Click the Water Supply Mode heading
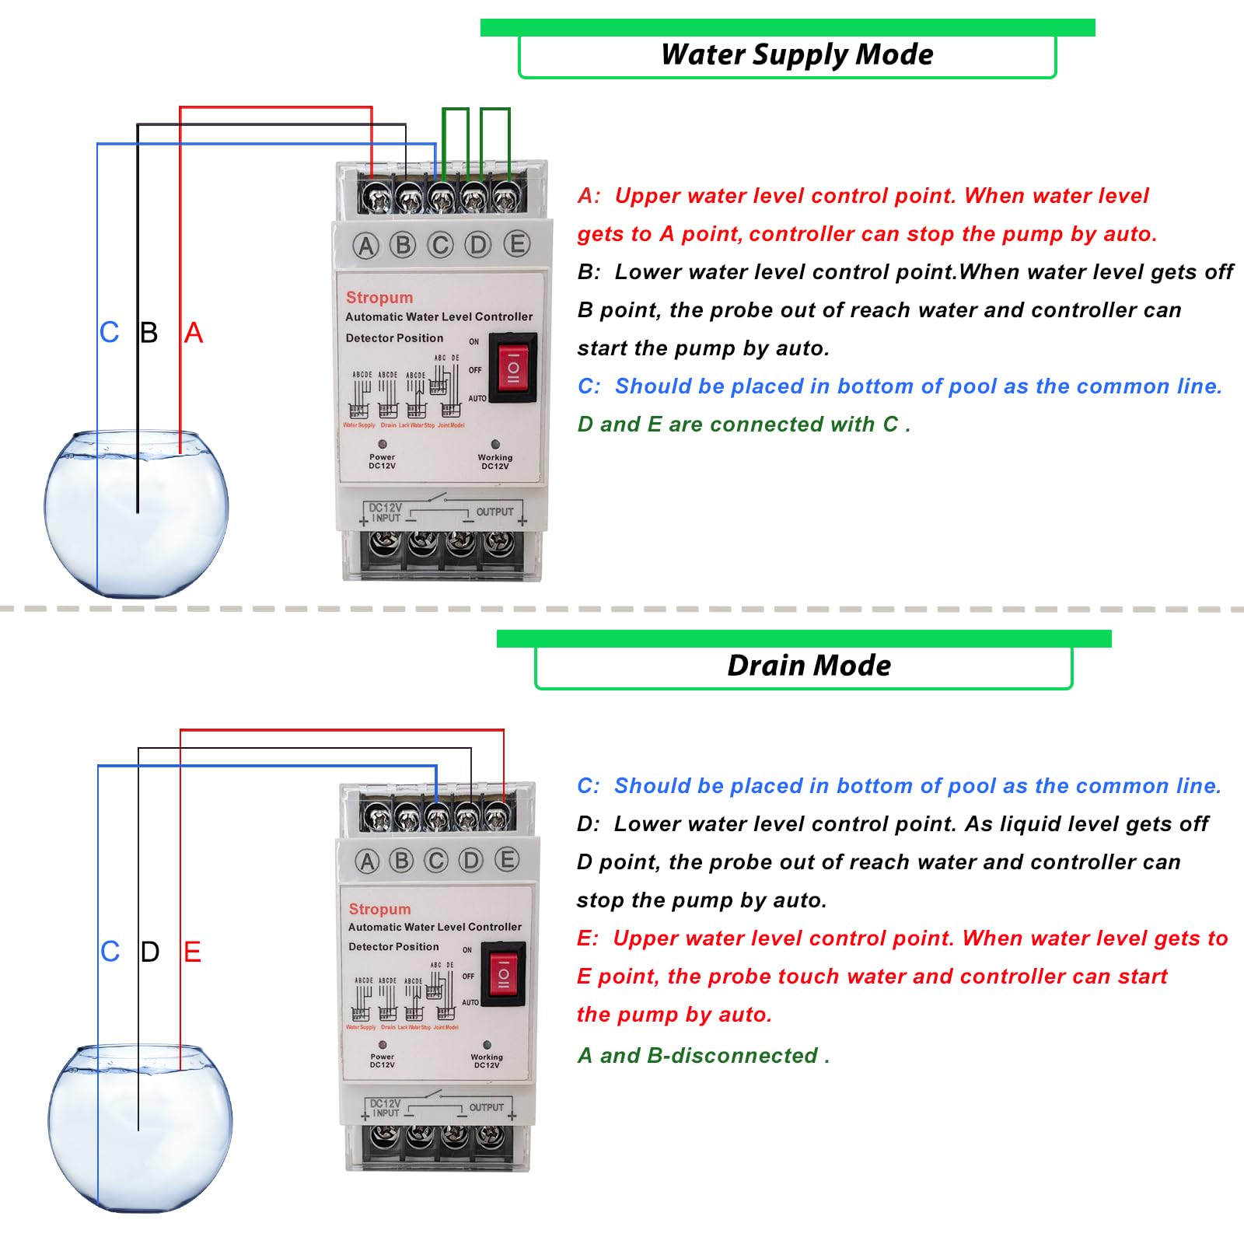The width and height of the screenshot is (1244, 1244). [796, 55]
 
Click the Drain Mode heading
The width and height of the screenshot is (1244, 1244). [809, 666]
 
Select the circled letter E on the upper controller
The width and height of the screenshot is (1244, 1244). [516, 244]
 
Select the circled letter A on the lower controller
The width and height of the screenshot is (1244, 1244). [367, 861]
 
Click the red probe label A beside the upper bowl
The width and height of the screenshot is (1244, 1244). [194, 333]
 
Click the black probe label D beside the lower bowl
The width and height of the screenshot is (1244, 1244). [150, 952]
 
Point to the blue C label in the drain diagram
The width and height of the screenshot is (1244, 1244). [110, 952]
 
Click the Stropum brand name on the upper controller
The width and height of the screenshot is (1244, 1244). [379, 298]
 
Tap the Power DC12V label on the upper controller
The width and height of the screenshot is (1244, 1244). [382, 461]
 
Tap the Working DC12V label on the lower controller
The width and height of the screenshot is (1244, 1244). [487, 1061]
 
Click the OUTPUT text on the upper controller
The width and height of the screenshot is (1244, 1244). [494, 512]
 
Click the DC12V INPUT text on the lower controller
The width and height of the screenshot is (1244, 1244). [386, 1108]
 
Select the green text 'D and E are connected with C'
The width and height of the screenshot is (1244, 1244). [743, 425]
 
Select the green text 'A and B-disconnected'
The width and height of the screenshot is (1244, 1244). [704, 1056]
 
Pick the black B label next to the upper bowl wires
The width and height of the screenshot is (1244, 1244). [149, 333]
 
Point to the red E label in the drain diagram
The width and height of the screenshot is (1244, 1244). [192, 952]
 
